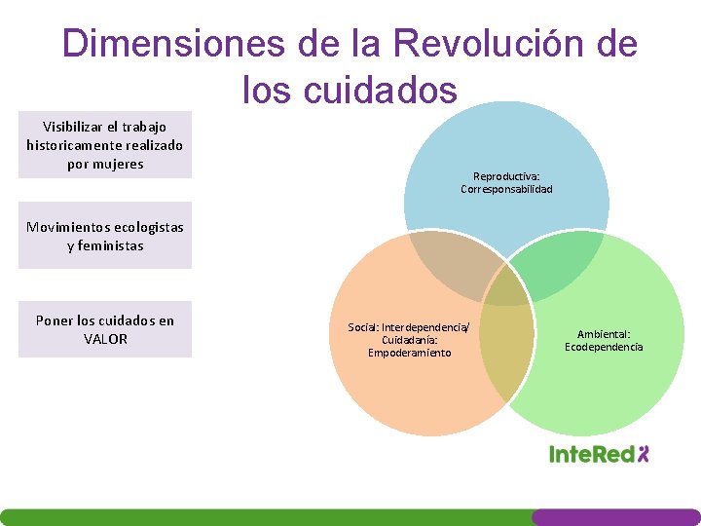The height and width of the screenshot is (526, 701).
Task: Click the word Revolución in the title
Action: [493, 44]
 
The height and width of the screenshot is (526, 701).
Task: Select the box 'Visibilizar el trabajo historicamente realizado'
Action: [105, 145]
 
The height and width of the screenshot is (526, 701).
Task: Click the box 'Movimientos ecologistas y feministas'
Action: [105, 236]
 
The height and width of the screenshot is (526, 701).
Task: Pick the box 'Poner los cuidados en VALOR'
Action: [105, 329]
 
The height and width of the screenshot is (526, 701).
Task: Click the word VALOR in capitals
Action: [105, 339]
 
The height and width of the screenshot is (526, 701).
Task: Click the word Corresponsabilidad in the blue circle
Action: [506, 189]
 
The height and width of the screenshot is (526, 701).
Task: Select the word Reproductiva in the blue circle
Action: [505, 176]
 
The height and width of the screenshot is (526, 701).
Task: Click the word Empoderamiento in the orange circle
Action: [409, 353]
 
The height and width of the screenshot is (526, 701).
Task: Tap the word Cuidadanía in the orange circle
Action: [409, 340]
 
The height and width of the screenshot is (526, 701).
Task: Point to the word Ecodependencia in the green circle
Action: [604, 347]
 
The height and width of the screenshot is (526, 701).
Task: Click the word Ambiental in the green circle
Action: [604, 334]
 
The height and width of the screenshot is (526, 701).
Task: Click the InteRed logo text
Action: [591, 454]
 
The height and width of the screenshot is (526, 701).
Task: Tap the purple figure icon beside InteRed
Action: [642, 453]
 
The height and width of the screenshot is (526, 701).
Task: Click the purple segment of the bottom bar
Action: [615, 517]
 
